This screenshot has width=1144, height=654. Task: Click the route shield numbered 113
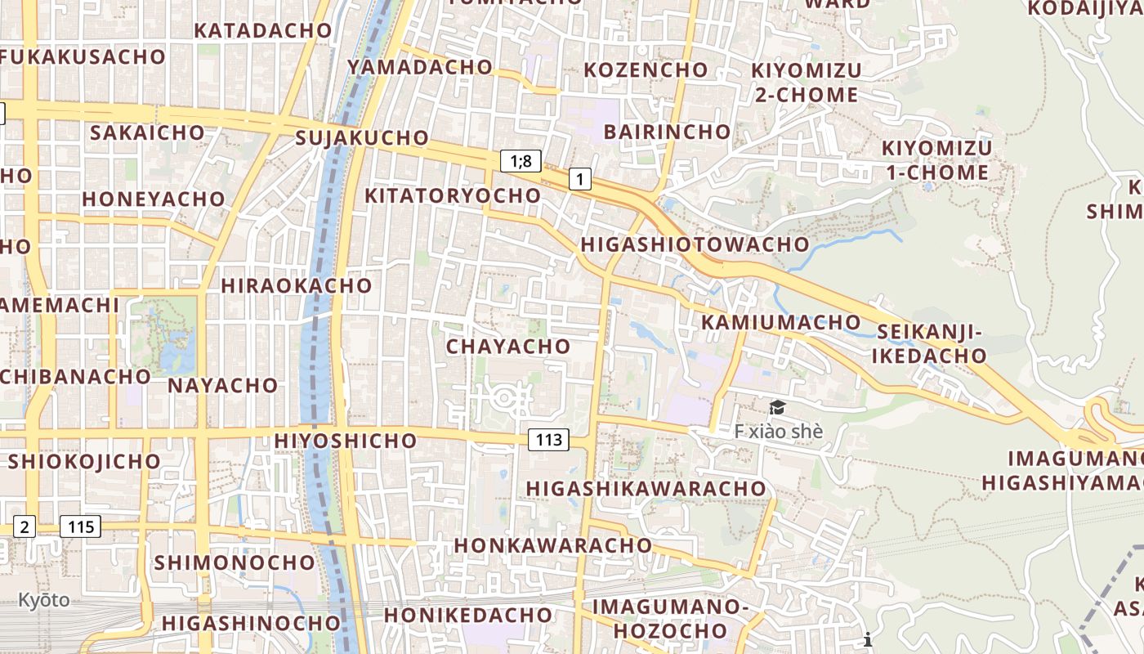[548, 440]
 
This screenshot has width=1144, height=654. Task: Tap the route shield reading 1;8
[521, 161]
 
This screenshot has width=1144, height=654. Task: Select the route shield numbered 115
[82, 526]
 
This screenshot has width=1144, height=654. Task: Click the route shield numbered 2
[25, 526]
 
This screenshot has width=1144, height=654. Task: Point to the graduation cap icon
[777, 407]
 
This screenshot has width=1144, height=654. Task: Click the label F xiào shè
[778, 431]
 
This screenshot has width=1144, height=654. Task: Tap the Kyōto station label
[44, 600]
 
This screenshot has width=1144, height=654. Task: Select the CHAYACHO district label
[508, 346]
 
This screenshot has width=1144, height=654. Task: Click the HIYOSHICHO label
[346, 441]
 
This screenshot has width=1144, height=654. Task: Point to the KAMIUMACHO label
[781, 322]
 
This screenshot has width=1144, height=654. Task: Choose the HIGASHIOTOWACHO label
[695, 244]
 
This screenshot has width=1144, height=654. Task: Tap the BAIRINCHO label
[668, 131]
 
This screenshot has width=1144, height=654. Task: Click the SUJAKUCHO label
[362, 137]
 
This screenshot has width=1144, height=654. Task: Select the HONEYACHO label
[154, 199]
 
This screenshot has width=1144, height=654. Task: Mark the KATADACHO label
[263, 30]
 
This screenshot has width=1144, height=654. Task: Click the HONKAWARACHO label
[553, 544]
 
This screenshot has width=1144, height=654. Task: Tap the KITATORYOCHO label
[453, 195]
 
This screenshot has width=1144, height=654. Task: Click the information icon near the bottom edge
[868, 639]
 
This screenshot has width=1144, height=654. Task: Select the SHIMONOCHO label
[235, 562]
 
